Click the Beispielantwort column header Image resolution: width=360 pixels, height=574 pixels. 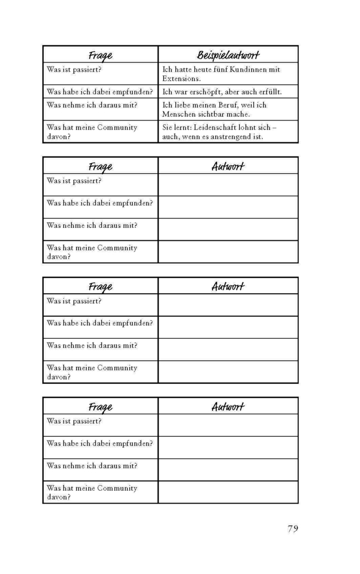click(x=228, y=55)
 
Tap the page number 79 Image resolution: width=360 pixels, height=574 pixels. click(x=292, y=528)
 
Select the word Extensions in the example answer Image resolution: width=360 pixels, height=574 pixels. click(x=181, y=79)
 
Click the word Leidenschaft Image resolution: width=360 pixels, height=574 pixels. click(x=217, y=128)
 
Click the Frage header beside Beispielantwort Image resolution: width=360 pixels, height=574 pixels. click(x=100, y=55)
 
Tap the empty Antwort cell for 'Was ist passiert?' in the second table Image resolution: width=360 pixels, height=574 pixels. click(x=228, y=185)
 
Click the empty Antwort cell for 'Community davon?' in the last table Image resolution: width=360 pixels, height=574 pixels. click(x=228, y=492)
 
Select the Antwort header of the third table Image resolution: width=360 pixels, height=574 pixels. click(x=228, y=286)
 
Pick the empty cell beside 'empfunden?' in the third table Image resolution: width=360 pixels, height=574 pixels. click(x=228, y=327)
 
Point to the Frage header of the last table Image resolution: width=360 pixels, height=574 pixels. click(x=100, y=407)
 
